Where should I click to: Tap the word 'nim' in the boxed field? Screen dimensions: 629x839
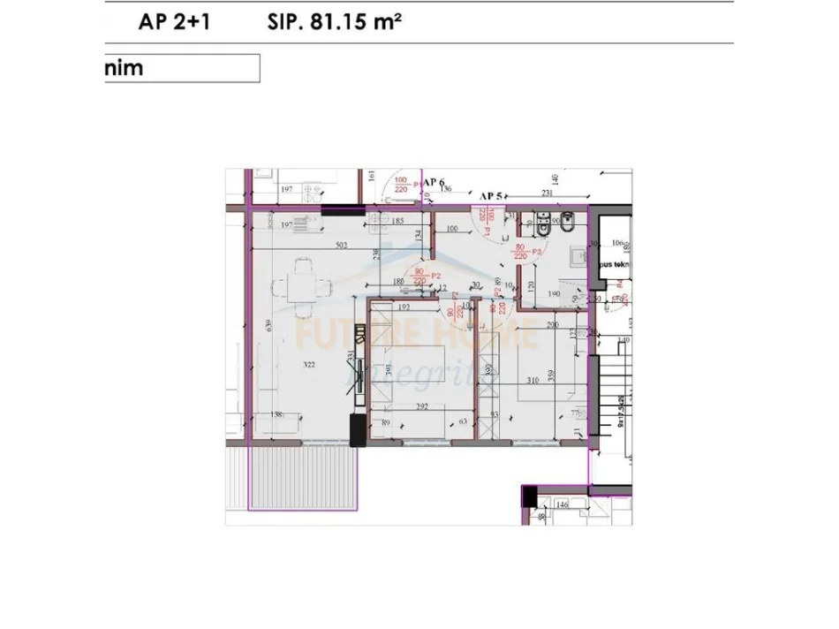[x=124, y=68]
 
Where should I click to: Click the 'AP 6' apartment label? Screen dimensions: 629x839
[x=433, y=182]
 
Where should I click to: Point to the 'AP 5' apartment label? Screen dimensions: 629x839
[x=491, y=196]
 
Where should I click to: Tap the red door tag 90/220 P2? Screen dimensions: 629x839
[x=421, y=277]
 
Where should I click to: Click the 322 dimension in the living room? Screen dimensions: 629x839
[x=283, y=364]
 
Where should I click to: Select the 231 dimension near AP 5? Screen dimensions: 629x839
[x=547, y=192]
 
